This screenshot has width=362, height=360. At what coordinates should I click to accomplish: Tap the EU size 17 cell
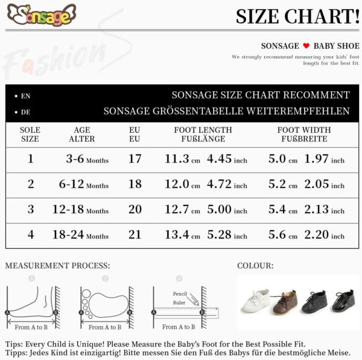coord(135,159)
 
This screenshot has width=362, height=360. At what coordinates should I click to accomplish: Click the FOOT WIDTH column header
coord(304,134)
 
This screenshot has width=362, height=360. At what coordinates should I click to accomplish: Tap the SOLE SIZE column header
coord(30,134)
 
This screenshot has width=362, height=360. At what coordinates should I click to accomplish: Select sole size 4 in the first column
coord(30,235)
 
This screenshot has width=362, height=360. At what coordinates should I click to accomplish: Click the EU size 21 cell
coord(135,235)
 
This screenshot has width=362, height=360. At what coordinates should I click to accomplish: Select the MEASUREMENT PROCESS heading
coord(58,266)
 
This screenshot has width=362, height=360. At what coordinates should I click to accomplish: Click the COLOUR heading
coord(255,266)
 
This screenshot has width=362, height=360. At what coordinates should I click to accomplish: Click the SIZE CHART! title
coord(297,16)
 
